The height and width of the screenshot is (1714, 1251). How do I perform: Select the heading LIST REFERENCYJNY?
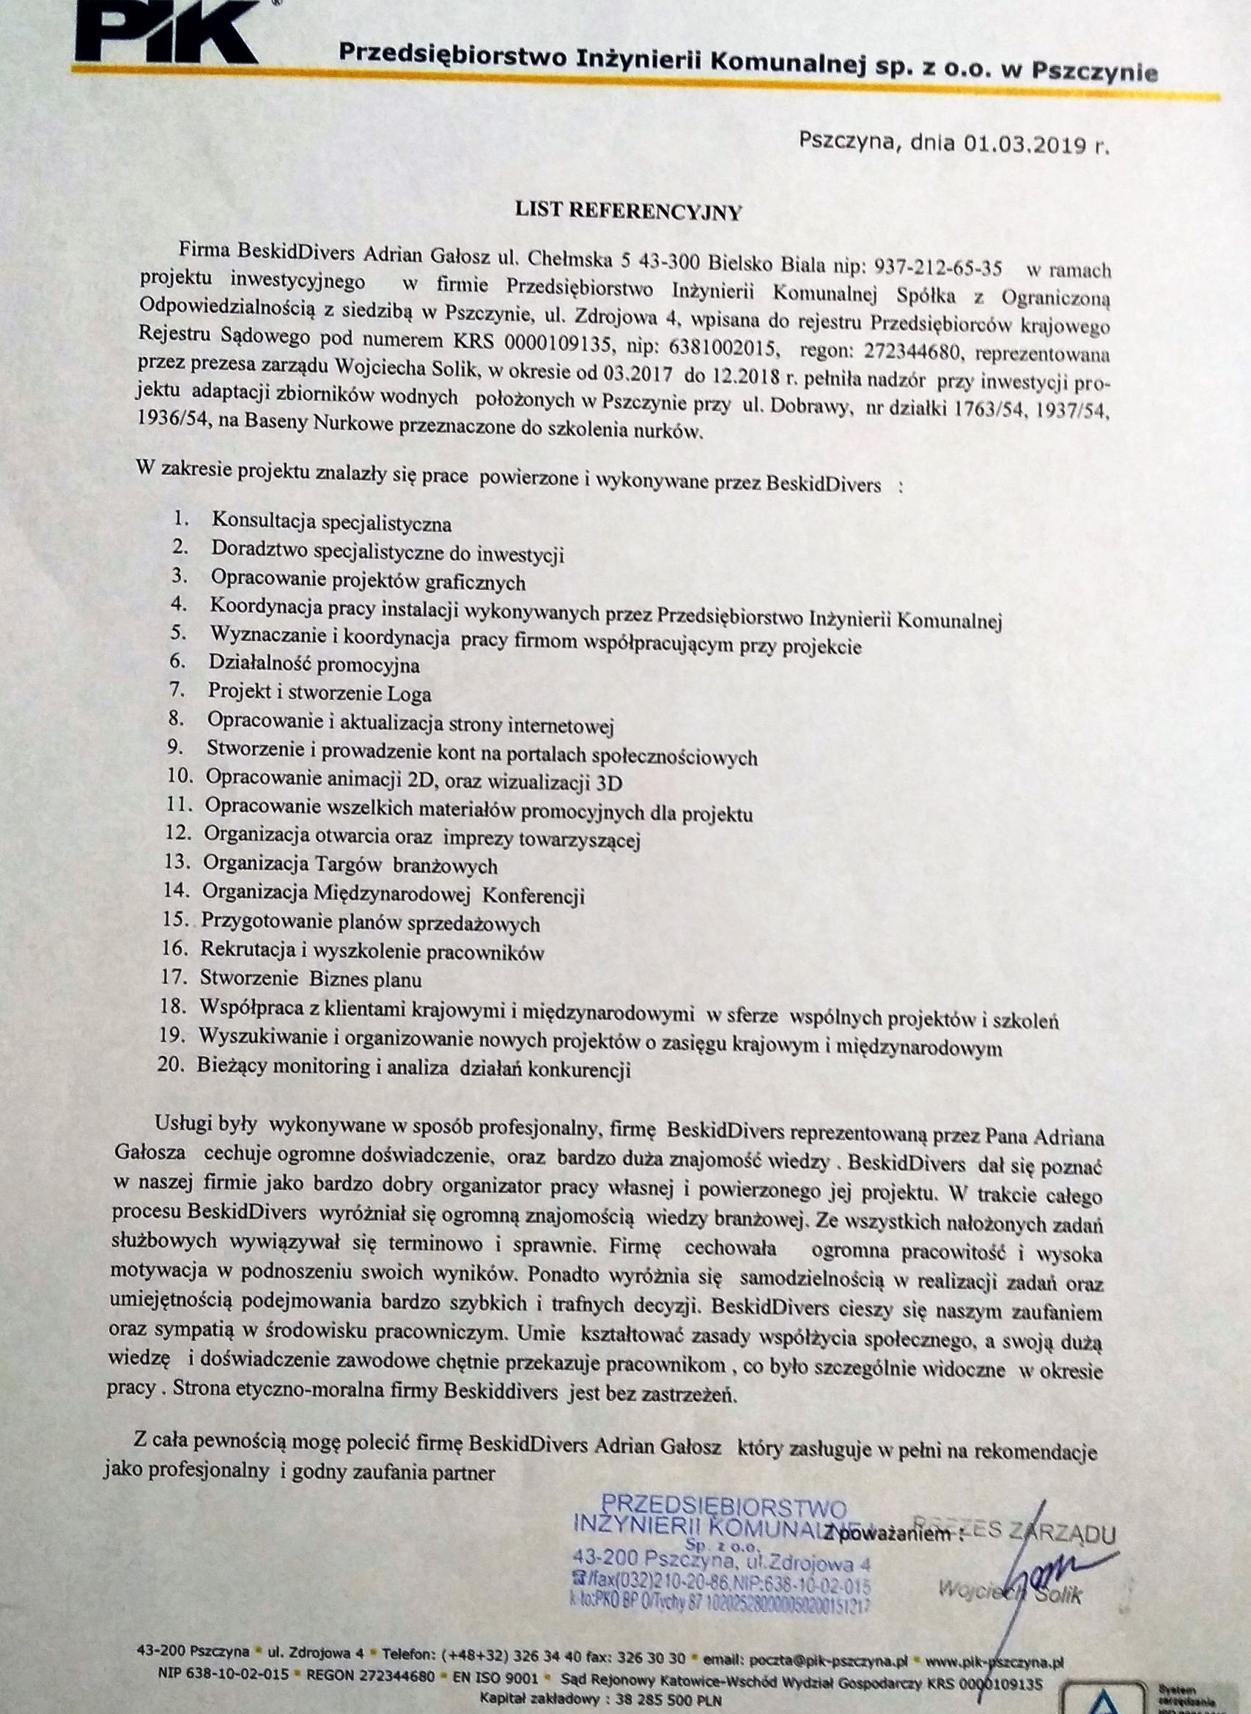pyautogui.click(x=628, y=211)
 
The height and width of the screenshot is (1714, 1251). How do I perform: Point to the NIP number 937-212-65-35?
pyautogui.click(x=938, y=267)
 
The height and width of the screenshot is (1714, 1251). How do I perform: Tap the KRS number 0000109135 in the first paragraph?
pyautogui.click(x=558, y=343)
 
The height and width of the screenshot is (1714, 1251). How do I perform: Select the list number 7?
pyautogui.click(x=177, y=690)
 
